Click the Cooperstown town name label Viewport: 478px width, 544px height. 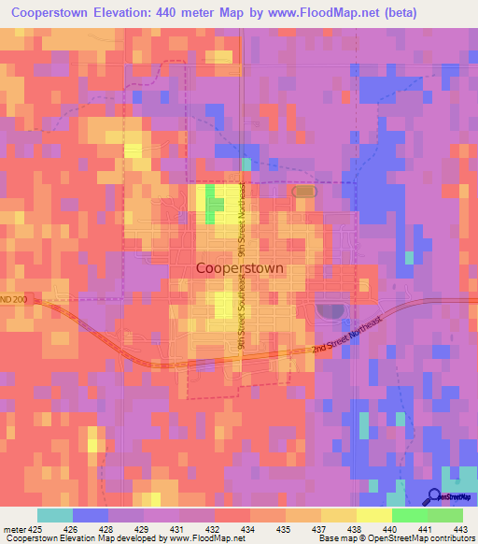tap(240, 267)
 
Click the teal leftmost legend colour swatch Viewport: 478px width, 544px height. tap(55, 514)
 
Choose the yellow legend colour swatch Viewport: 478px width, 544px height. tap(373, 514)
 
